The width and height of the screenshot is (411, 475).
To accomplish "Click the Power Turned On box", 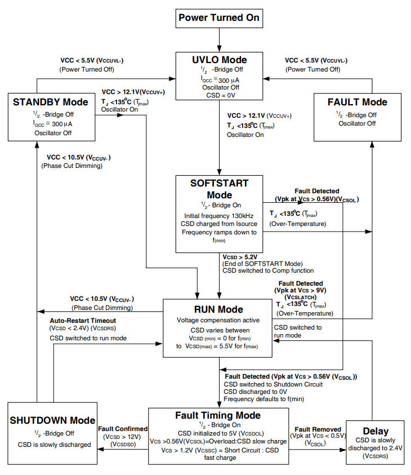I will coord(219,18).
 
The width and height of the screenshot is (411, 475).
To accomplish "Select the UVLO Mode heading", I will coord(219,60).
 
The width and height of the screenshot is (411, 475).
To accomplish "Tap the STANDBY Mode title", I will coord(50,102).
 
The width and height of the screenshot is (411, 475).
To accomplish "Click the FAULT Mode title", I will coord(357,102).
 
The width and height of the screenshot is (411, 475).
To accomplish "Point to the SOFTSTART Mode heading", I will coord(219,189).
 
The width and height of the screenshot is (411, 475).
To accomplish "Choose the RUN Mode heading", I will coord(218,309).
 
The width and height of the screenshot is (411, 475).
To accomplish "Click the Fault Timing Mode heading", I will coord(218,415).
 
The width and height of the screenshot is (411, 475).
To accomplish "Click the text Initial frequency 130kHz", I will coord(219,216).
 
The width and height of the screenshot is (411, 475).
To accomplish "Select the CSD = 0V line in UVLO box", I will coord(219,95).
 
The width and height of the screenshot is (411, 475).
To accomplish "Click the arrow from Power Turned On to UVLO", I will coord(219,39).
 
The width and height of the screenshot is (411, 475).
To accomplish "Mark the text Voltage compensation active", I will coord(218,320).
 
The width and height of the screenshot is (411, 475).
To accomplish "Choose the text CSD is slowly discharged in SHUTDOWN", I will coord(54,445).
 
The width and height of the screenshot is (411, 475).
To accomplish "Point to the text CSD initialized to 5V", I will coord(218,433).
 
